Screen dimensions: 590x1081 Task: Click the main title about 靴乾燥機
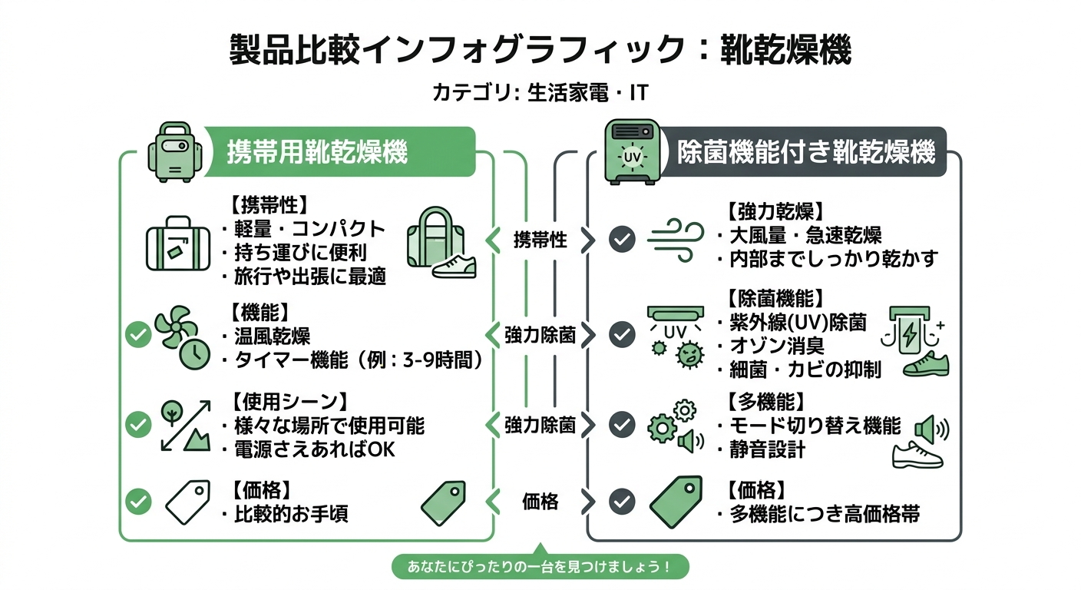click(x=540, y=51)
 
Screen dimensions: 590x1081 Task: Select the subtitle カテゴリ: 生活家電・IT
click(x=540, y=94)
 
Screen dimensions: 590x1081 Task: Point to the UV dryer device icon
click(x=632, y=151)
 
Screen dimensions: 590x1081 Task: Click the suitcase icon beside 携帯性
click(x=177, y=243)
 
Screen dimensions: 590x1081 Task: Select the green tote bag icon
click(x=434, y=234)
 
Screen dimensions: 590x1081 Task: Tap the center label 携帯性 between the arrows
click(x=540, y=240)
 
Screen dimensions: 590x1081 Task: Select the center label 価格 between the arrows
click(x=540, y=502)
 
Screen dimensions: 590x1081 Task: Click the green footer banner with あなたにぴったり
click(x=540, y=568)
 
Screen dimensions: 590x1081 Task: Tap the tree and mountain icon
click(x=185, y=425)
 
